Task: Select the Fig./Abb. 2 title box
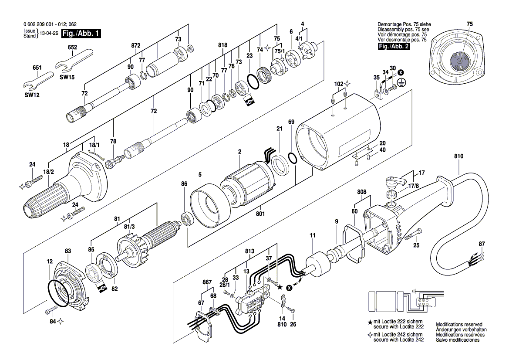393,46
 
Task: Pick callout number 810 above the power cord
458,156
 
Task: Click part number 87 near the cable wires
481,244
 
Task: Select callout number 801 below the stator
261,214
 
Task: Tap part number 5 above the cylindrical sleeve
200,175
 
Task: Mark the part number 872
136,45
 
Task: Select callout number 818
223,45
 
